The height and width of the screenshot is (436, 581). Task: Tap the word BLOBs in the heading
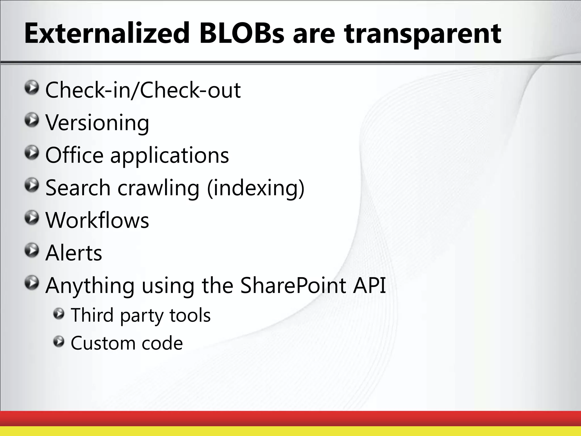(x=241, y=33)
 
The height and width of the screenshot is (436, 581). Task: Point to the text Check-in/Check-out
(x=143, y=90)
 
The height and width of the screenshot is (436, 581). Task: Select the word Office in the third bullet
(x=74, y=155)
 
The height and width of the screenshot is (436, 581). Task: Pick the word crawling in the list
(x=158, y=188)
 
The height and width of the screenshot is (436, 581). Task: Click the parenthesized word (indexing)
(x=256, y=188)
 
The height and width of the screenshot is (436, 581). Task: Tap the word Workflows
(x=97, y=220)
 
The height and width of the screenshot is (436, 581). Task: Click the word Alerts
(x=74, y=253)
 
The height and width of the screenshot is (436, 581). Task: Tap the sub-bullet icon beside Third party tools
(x=59, y=314)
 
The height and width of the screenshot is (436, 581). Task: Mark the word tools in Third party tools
(x=190, y=315)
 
